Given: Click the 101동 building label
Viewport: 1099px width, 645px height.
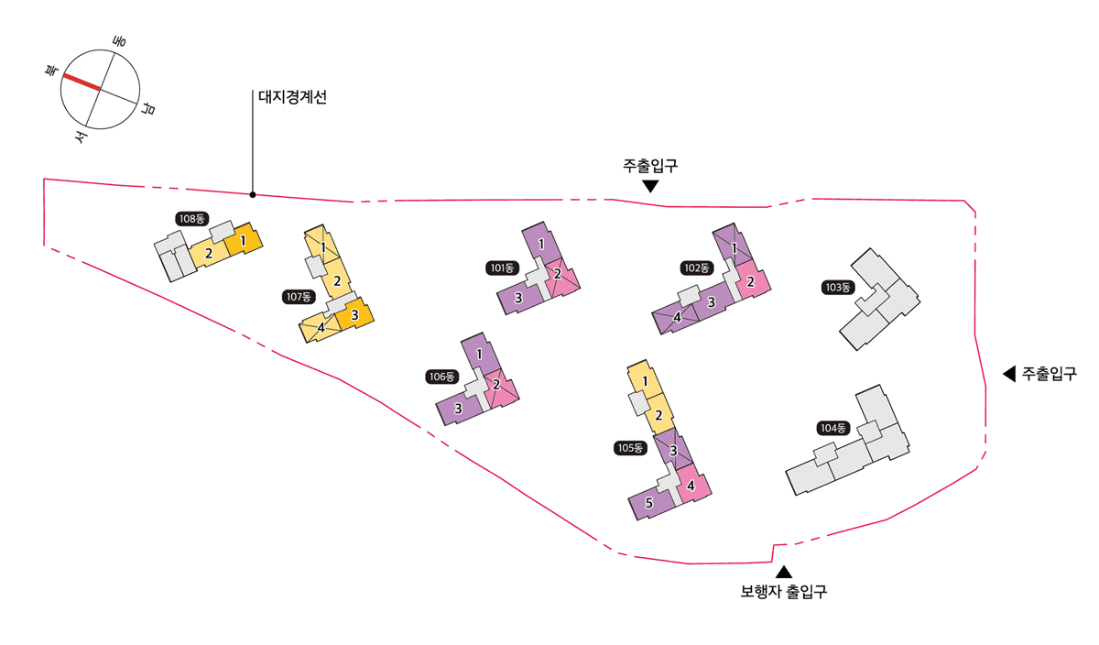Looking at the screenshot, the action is [x=502, y=268].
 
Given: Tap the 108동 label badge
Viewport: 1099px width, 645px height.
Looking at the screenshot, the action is [x=191, y=219].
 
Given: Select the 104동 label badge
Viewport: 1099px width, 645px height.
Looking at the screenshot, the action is [x=833, y=428].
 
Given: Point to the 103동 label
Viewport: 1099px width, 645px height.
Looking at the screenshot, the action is [x=838, y=287].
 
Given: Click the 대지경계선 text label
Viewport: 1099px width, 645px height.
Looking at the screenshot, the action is [x=292, y=97].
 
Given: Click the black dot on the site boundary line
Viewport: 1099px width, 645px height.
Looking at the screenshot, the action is [x=253, y=195].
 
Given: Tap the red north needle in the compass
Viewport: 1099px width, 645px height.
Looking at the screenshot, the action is [x=82, y=82].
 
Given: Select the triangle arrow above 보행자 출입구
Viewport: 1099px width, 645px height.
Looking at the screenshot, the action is [x=784, y=572].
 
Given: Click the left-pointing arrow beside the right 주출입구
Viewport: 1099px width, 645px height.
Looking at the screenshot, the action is [x=1008, y=374].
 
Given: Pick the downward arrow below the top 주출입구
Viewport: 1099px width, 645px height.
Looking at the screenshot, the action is [x=650, y=187].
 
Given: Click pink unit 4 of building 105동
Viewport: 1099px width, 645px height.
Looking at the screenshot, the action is [x=691, y=484].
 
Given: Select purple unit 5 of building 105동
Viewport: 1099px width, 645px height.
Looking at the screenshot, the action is [x=650, y=503].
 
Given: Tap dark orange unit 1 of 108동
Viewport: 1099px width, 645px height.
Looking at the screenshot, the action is [x=244, y=240].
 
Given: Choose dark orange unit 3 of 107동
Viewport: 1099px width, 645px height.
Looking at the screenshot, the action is [x=354, y=313].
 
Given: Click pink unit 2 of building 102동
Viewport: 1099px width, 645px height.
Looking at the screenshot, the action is [x=751, y=281].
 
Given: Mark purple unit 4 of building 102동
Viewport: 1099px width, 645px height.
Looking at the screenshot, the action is [x=675, y=318].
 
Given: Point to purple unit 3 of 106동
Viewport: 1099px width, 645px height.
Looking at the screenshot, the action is [x=457, y=409].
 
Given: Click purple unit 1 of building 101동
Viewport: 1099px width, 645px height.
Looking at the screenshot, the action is [x=541, y=244].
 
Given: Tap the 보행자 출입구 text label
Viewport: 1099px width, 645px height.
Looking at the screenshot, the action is [x=784, y=592].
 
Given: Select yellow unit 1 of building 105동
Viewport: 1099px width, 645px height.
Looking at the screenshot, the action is [x=645, y=380].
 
